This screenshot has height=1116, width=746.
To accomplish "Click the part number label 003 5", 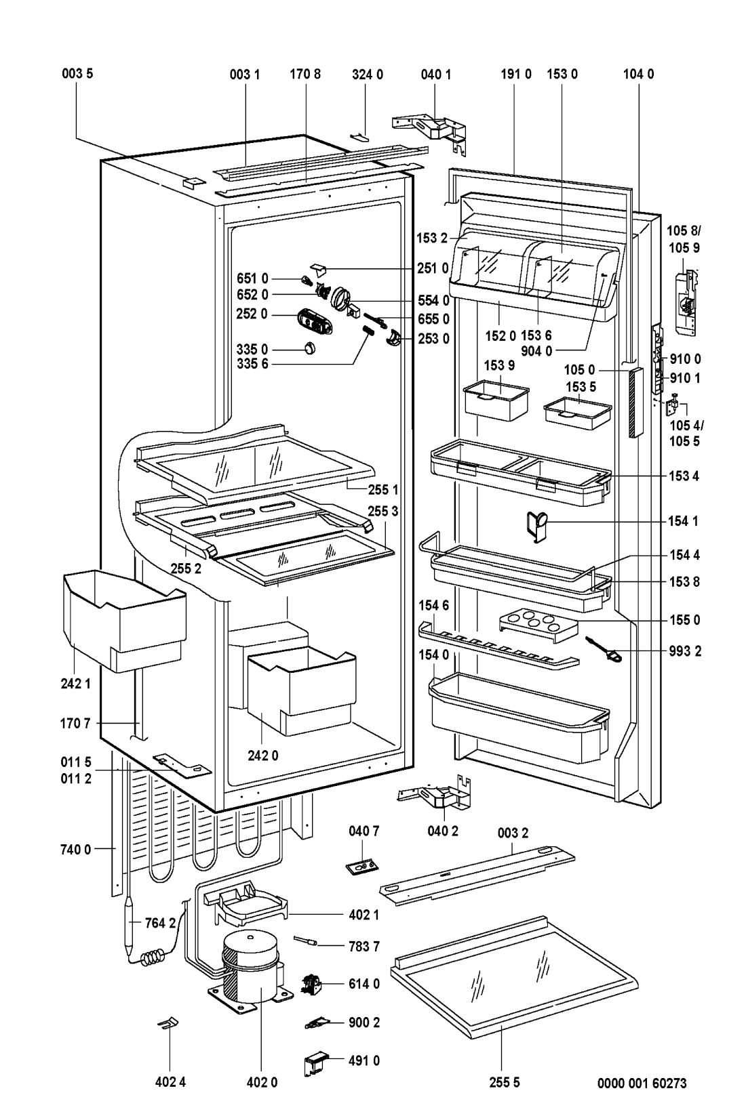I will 81,75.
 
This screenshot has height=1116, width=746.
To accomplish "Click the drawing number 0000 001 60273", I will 641,1083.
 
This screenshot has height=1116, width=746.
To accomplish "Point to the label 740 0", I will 78,848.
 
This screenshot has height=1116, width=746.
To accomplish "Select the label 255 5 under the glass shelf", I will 503,1083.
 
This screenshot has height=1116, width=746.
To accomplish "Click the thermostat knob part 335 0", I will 310,348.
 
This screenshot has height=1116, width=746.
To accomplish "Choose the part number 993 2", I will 686,652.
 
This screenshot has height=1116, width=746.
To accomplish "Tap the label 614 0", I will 364,983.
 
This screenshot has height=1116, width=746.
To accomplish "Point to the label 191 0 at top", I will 515,75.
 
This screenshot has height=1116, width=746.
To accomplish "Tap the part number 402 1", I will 364,914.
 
